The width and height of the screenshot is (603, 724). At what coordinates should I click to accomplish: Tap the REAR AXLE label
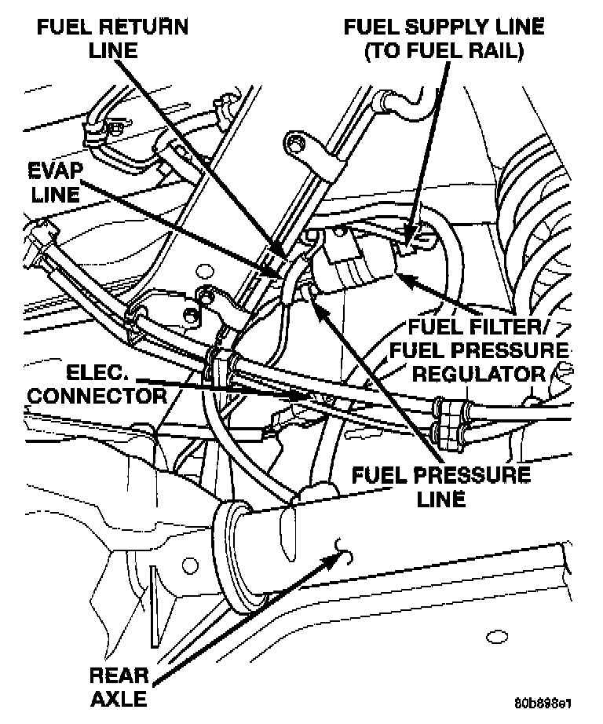click(119, 685)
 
